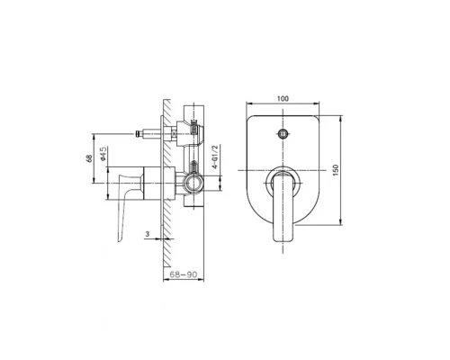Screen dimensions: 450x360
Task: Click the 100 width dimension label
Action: tap(283, 98)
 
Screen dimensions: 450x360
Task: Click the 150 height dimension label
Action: tap(336, 170)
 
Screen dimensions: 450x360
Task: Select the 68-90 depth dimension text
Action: tap(184, 274)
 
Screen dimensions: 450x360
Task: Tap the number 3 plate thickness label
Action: tap(147, 234)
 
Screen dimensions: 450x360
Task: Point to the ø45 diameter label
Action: tap(103, 154)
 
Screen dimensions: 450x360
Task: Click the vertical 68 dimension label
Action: tap(89, 158)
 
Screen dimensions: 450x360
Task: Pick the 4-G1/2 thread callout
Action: tap(215, 157)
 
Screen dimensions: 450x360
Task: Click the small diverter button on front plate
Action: tap(283, 133)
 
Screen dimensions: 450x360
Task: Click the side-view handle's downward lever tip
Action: tap(120, 239)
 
